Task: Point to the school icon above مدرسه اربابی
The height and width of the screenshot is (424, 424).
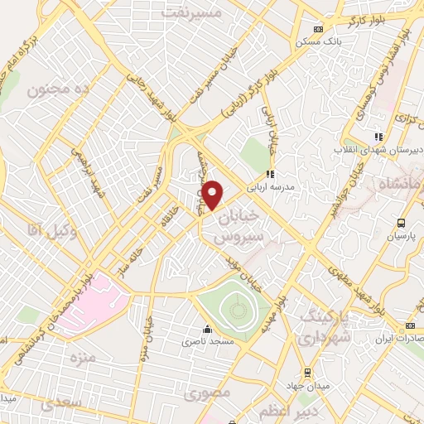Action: [269, 174]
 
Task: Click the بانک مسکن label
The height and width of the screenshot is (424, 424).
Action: [341, 39]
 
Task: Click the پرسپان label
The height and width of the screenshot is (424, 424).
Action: [401, 236]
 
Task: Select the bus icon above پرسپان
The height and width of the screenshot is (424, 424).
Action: [401, 223]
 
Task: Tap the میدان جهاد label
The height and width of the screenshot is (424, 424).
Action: [307, 386]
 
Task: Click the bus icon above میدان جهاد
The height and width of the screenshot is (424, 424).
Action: [307, 373]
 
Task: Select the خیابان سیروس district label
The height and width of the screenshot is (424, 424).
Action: [243, 225]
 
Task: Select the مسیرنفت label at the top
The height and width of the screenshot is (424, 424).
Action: [192, 14]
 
